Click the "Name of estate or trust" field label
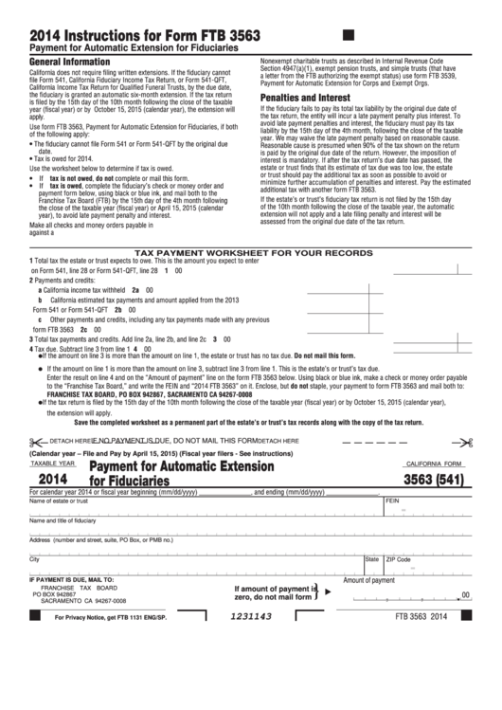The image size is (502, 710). coord(59,501)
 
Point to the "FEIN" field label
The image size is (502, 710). coord(392,501)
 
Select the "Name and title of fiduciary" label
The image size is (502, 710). coord(63,520)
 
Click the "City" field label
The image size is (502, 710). coord(34,559)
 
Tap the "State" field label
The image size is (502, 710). coord(372,559)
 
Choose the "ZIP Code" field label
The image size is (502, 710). coord(399,559)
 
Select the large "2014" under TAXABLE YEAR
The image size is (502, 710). coord(52,480)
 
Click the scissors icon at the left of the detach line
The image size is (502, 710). coord(36,441)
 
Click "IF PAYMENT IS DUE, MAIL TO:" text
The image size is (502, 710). coord(72,578)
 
